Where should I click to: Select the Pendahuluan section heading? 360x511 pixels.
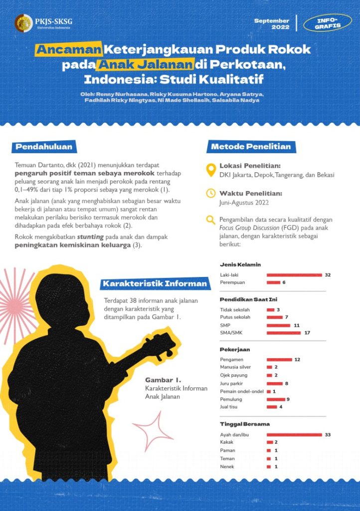(x=44, y=147)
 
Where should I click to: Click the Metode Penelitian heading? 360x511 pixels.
(x=251, y=147)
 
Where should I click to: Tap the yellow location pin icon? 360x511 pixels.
(x=210, y=170)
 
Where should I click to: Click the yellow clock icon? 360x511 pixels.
(x=210, y=193)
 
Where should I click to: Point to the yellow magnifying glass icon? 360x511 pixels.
(x=210, y=220)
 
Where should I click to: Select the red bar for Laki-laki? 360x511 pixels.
(x=294, y=275)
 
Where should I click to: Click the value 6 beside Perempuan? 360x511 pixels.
(x=284, y=282)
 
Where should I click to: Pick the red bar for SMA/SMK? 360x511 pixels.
(x=284, y=333)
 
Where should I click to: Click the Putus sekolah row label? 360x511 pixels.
(x=235, y=317)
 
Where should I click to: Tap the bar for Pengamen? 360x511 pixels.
(x=279, y=359)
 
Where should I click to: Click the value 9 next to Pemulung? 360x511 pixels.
(x=288, y=399)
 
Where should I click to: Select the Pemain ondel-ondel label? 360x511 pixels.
(x=241, y=391)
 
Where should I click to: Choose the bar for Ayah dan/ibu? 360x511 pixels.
(x=294, y=435)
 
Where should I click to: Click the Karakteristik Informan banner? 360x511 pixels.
(x=155, y=284)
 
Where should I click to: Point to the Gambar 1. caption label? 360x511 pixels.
(x=156, y=380)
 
